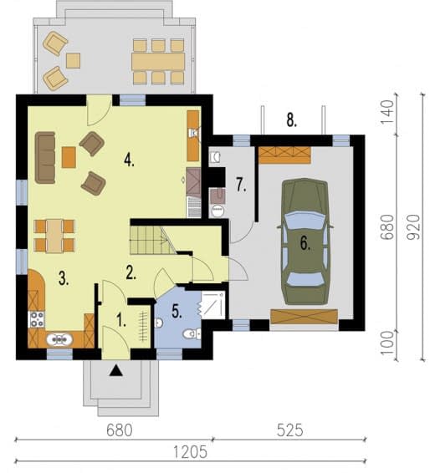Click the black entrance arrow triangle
(x=116, y=370)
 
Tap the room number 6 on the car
(x=305, y=243)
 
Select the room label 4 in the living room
(x=129, y=160)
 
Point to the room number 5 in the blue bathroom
(x=177, y=311)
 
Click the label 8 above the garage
(x=292, y=120)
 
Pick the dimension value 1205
(x=190, y=452)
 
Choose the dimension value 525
(x=289, y=430)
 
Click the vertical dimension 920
(x=412, y=227)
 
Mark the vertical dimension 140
(x=387, y=112)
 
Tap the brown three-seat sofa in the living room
(x=45, y=157)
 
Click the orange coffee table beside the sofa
(x=69, y=157)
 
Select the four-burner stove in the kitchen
(x=37, y=320)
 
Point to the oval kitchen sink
(x=59, y=340)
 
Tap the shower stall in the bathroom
(x=212, y=305)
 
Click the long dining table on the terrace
(x=158, y=62)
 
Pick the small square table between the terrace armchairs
(x=73, y=61)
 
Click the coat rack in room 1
(x=144, y=327)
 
